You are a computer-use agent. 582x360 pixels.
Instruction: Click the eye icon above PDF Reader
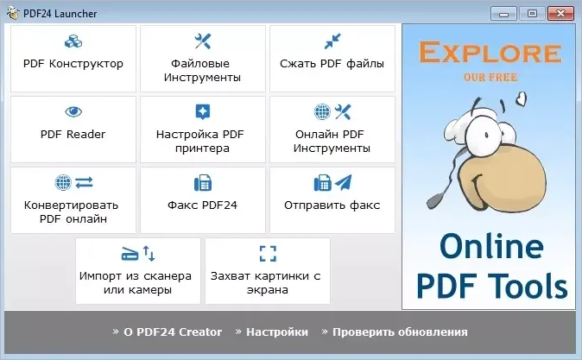(73, 111)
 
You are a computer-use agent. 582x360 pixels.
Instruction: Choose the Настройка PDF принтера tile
(204, 129)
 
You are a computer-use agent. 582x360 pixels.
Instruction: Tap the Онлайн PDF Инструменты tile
(332, 129)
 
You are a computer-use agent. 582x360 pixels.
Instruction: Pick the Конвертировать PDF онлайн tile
(73, 200)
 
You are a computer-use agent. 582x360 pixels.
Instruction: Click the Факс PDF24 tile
(204, 200)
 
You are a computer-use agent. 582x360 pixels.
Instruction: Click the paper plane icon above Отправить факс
(343, 183)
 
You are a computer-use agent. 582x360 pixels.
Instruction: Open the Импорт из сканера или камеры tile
(138, 271)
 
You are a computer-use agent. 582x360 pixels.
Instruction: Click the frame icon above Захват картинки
(268, 253)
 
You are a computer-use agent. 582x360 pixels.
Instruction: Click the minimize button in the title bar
(505, 13)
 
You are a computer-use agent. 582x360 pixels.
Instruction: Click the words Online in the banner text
(490, 248)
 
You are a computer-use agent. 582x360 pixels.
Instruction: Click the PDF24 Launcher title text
(60, 14)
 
